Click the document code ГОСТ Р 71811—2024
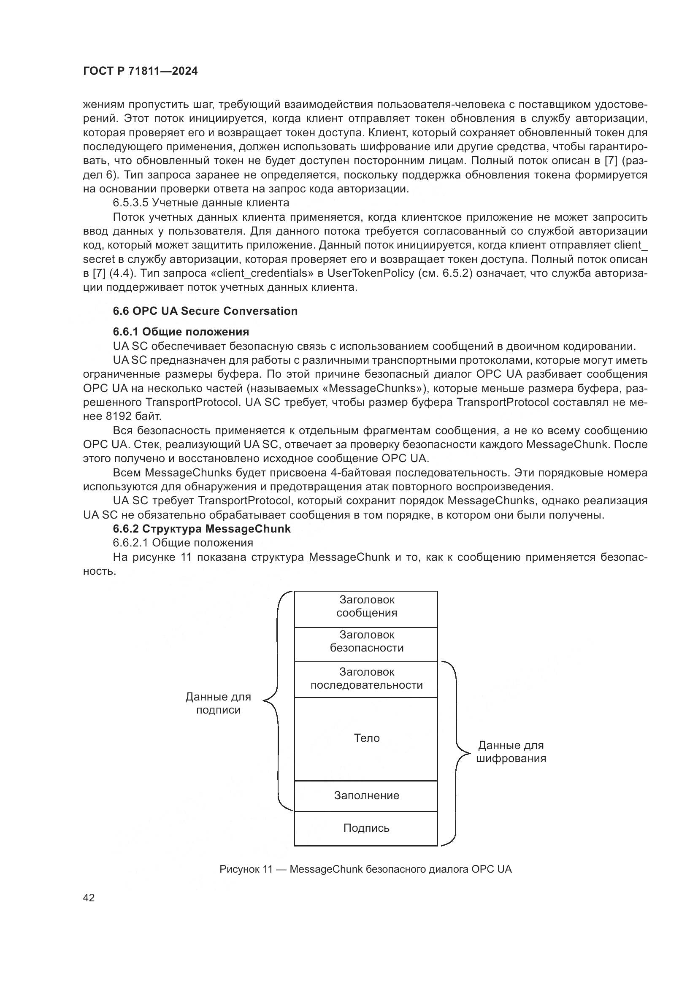click(x=140, y=71)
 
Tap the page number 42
click(x=89, y=898)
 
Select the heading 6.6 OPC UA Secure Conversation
click(x=205, y=311)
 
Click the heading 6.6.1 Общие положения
click(x=181, y=332)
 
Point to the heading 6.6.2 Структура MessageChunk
click(x=202, y=529)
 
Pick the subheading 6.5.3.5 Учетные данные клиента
click(x=201, y=203)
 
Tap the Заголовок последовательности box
click(x=366, y=679)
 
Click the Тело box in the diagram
click(x=366, y=738)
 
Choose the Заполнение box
click(x=366, y=796)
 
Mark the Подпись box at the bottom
click(x=366, y=828)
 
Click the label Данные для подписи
click(x=218, y=703)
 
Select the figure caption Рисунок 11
click(x=365, y=869)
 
